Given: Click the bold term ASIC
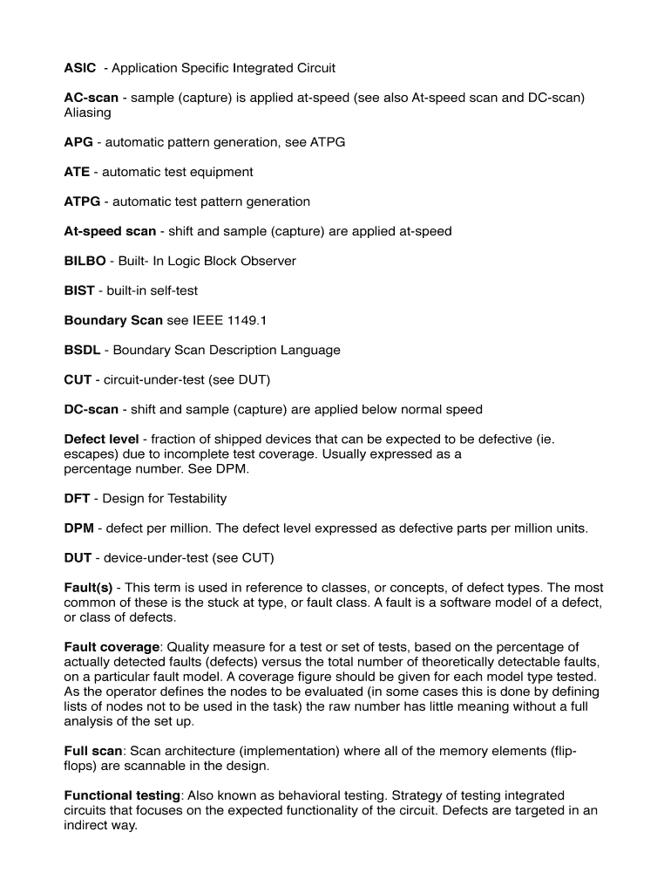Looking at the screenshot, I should tap(80, 68).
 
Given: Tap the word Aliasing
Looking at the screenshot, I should tap(87, 112).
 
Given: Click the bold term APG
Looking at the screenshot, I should tap(78, 142).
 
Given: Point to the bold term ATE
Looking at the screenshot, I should tap(77, 172).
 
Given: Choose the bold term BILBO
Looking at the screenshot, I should tap(85, 261).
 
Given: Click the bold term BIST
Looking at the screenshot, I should tap(79, 290).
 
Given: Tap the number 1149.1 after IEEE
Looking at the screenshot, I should tap(247, 320).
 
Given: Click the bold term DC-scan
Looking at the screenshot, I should tap(91, 409).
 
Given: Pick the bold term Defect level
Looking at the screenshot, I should tap(101, 439).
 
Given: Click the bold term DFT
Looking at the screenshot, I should tap(78, 498).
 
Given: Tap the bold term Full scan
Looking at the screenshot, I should tap(93, 750).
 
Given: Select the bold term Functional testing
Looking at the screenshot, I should tap(122, 795).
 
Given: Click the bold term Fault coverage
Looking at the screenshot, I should tap(112, 646).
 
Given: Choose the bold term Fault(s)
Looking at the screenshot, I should tap(89, 587).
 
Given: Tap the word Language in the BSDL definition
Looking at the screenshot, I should tap(310, 350).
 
